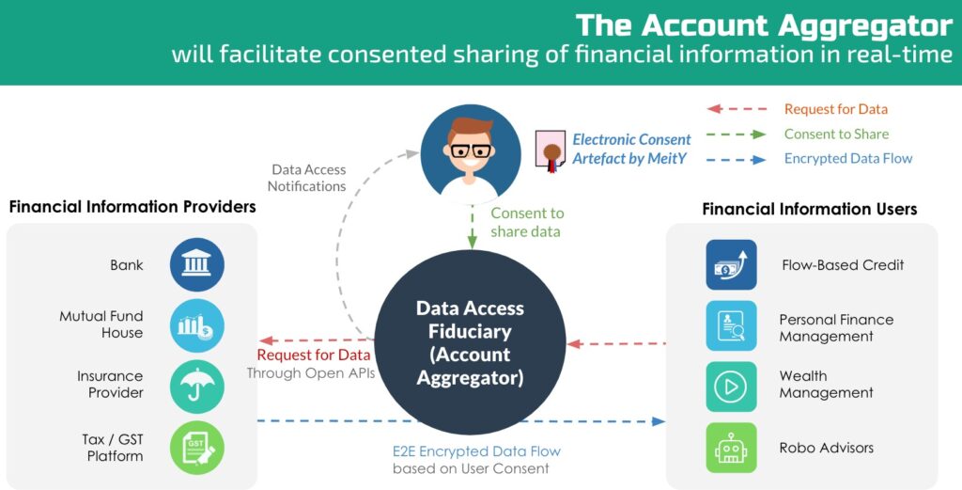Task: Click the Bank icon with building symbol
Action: pyautogui.click(x=196, y=263)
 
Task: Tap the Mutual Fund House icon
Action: pyautogui.click(x=196, y=325)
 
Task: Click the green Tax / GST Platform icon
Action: pyautogui.click(x=196, y=448)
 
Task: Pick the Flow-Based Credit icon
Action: pyautogui.click(x=731, y=264)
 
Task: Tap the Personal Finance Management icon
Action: pyautogui.click(x=731, y=326)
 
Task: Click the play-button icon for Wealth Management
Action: pyautogui.click(x=731, y=387)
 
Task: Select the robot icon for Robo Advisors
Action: pyautogui.click(x=731, y=449)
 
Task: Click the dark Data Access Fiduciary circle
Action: pyautogui.click(x=470, y=343)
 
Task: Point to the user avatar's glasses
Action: pyautogui.click(x=470, y=150)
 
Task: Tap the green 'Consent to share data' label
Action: pyautogui.click(x=527, y=222)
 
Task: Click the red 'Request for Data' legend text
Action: pyautogui.click(x=835, y=109)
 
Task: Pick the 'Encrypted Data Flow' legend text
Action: pyautogui.click(x=847, y=158)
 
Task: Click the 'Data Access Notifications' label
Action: pyautogui.click(x=308, y=178)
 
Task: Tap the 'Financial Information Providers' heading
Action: pyautogui.click(x=132, y=206)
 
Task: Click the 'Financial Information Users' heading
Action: pyautogui.click(x=809, y=209)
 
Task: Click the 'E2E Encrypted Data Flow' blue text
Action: pyautogui.click(x=475, y=451)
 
